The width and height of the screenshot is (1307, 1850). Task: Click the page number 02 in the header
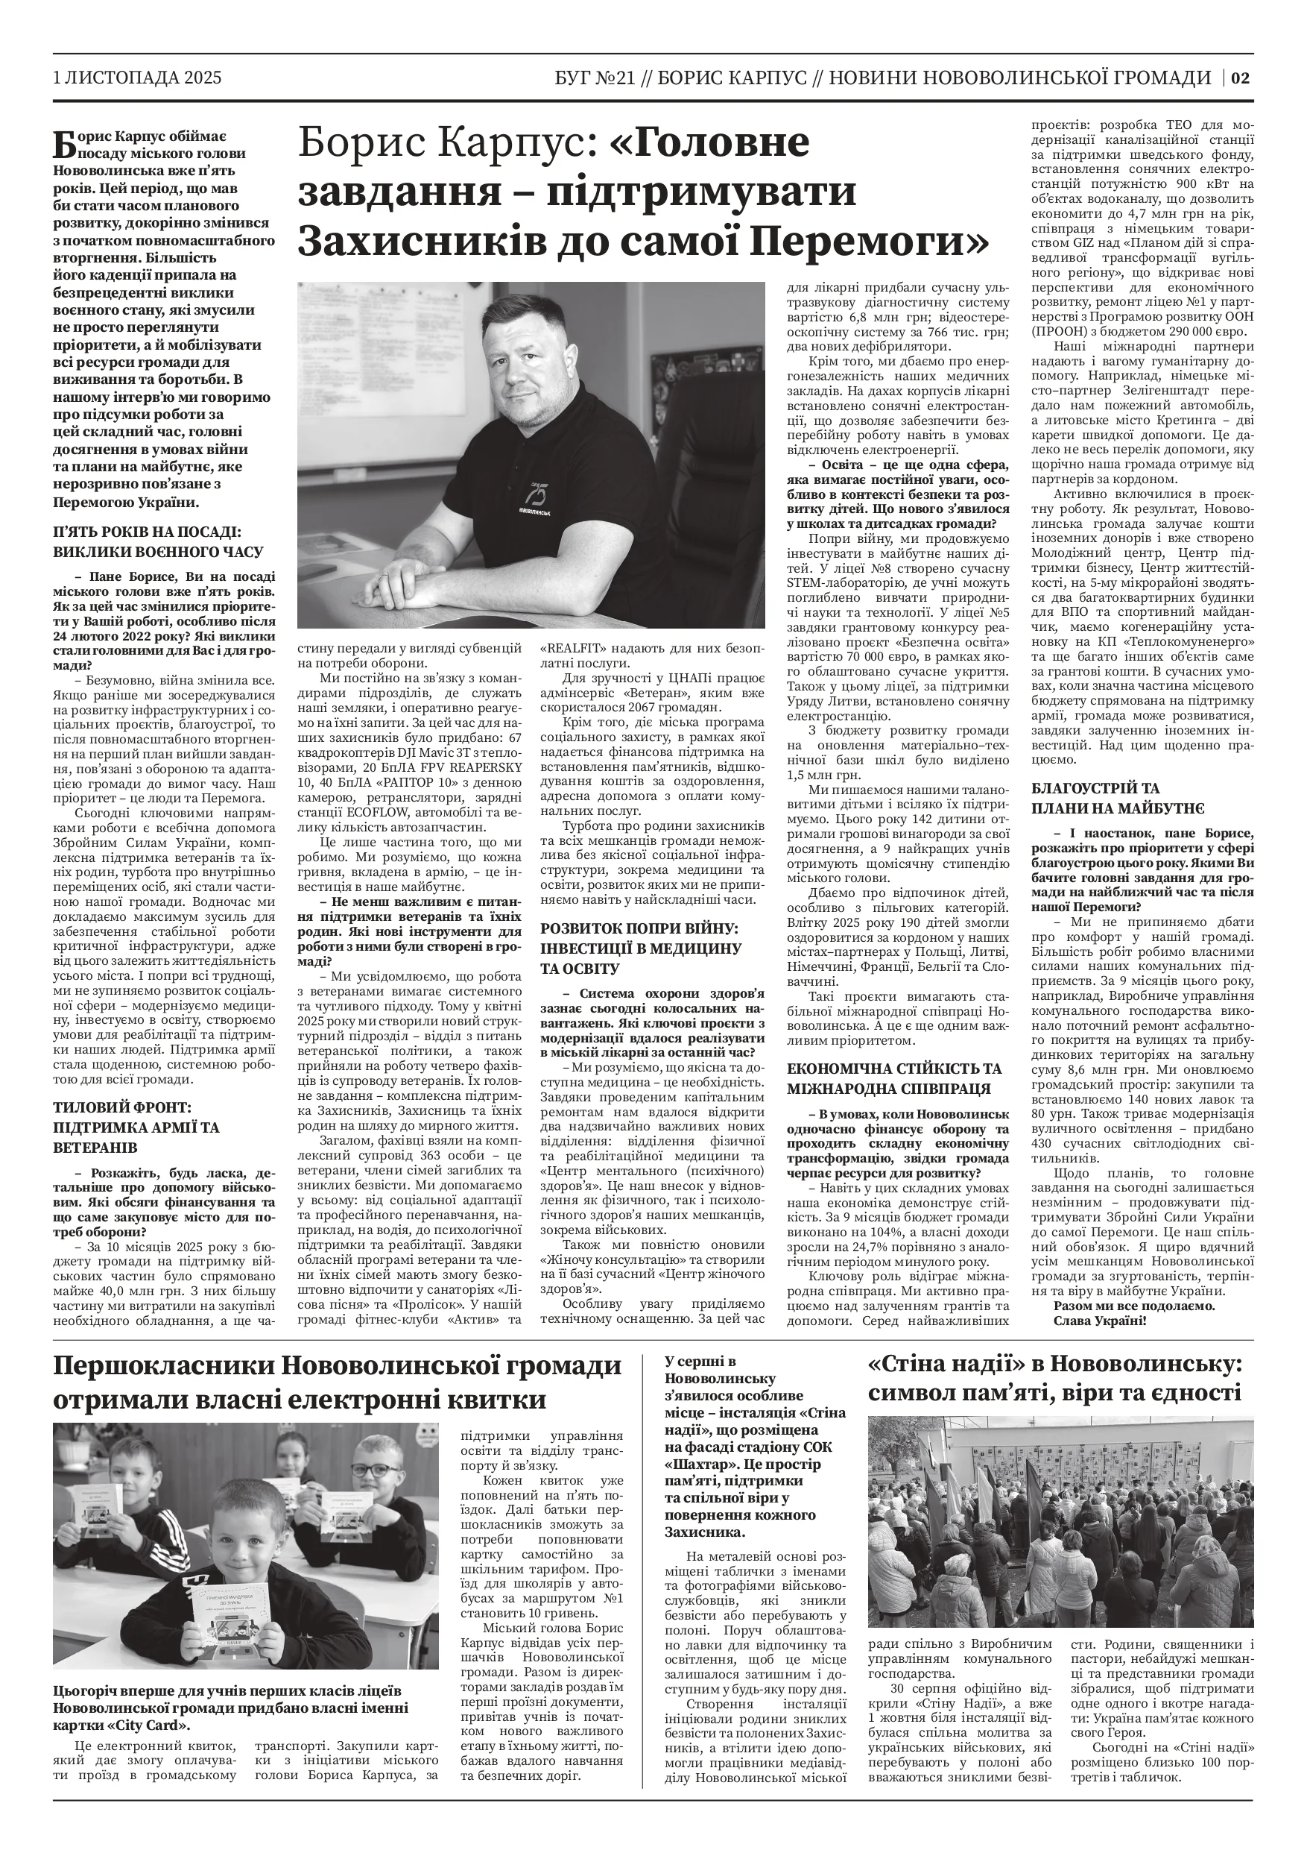pos(1240,78)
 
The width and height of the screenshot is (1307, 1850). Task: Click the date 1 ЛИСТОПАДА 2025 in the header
pos(137,78)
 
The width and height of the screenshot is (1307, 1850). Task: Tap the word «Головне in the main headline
pos(709,143)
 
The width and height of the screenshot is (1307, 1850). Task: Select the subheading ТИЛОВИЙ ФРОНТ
pos(122,1108)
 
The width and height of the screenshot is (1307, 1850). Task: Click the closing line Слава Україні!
pos(1099,1320)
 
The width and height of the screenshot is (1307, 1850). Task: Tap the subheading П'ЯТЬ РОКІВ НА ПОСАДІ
pos(147,532)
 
